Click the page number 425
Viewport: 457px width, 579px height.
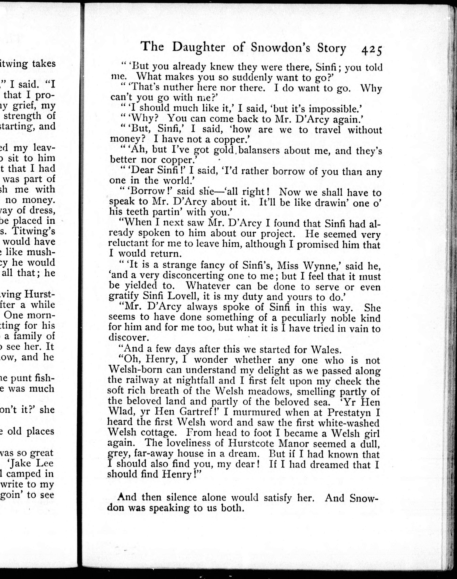click(371, 50)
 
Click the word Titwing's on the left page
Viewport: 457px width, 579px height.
click(34, 231)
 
